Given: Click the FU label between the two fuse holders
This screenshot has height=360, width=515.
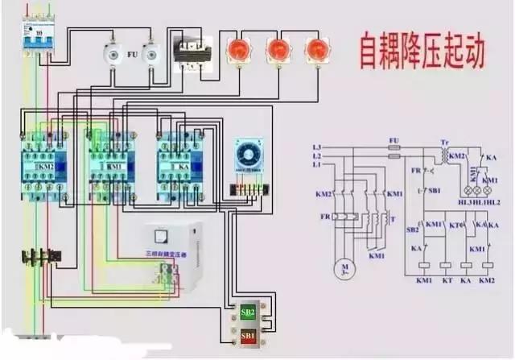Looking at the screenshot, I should tap(132, 56).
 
